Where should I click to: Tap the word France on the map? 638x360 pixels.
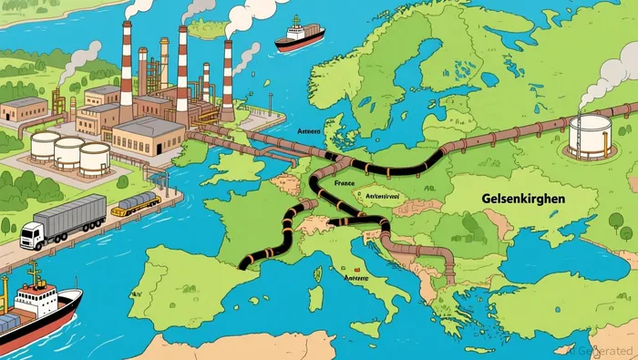(345, 182)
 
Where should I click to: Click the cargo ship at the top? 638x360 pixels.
(300, 36)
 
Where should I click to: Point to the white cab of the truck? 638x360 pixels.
(31, 236)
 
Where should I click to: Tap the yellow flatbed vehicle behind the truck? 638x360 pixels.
(134, 204)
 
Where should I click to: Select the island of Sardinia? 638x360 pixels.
(316, 296)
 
